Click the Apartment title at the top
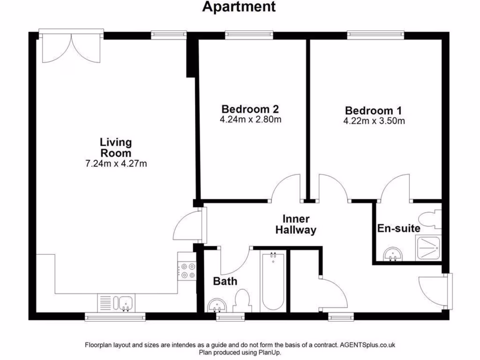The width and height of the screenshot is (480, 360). [239, 7]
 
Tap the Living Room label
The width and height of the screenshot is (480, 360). [115, 147]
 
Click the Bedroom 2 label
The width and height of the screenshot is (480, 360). [250, 109]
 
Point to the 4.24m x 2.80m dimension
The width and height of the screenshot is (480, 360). [250, 120]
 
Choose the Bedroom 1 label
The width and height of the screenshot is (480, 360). [374, 111]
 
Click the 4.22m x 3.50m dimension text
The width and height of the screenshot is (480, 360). [374, 121]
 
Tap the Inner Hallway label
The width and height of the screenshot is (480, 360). [296, 225]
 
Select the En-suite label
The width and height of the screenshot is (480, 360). [398, 229]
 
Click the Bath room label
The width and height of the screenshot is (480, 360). [225, 282]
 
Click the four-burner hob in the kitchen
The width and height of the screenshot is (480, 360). [187, 270]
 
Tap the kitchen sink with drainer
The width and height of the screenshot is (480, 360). [117, 302]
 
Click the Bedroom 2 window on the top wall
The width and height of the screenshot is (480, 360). [249, 34]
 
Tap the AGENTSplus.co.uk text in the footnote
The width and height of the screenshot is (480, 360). [368, 345]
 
